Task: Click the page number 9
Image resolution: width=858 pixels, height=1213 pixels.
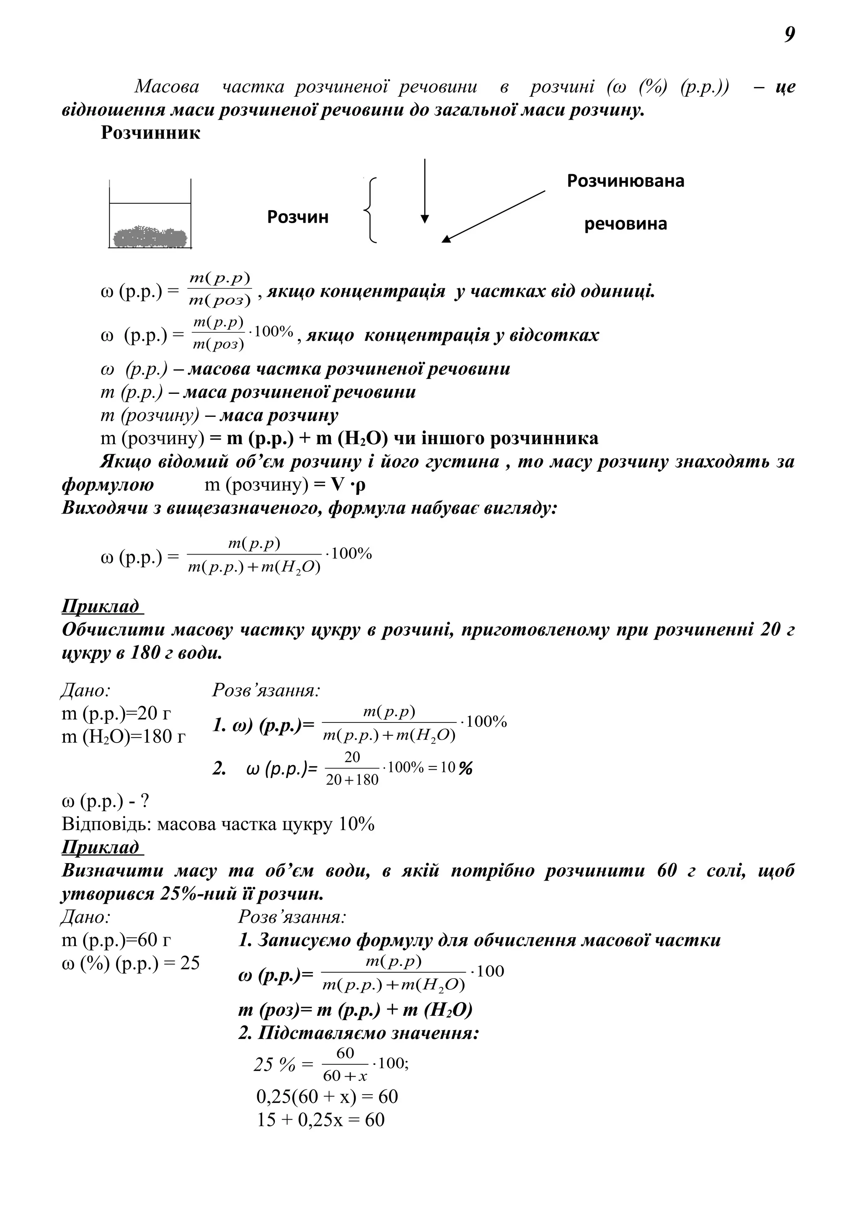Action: pos(789,35)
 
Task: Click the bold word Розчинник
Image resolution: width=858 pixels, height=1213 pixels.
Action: pos(151,133)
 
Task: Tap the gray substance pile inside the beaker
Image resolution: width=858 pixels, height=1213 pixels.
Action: pos(150,237)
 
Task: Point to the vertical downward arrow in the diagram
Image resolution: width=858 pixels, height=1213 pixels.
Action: pos(424,191)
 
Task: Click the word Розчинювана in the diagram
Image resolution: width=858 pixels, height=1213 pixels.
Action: pos(625,181)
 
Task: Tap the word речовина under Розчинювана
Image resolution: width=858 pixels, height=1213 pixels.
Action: pos(625,224)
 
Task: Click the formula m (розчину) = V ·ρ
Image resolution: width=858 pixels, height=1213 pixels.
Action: pos(285,485)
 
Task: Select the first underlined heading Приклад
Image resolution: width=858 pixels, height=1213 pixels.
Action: pos(103,606)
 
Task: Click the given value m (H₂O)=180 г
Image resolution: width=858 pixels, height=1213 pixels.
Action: pos(124,736)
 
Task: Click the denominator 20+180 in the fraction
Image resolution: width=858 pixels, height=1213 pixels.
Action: pos(352,780)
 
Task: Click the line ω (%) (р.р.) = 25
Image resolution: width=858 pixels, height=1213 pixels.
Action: pos(131,963)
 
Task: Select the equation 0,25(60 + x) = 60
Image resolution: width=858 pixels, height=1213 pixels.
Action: pos(327,1097)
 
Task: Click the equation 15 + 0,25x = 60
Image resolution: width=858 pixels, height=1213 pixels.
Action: pos(321,1120)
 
